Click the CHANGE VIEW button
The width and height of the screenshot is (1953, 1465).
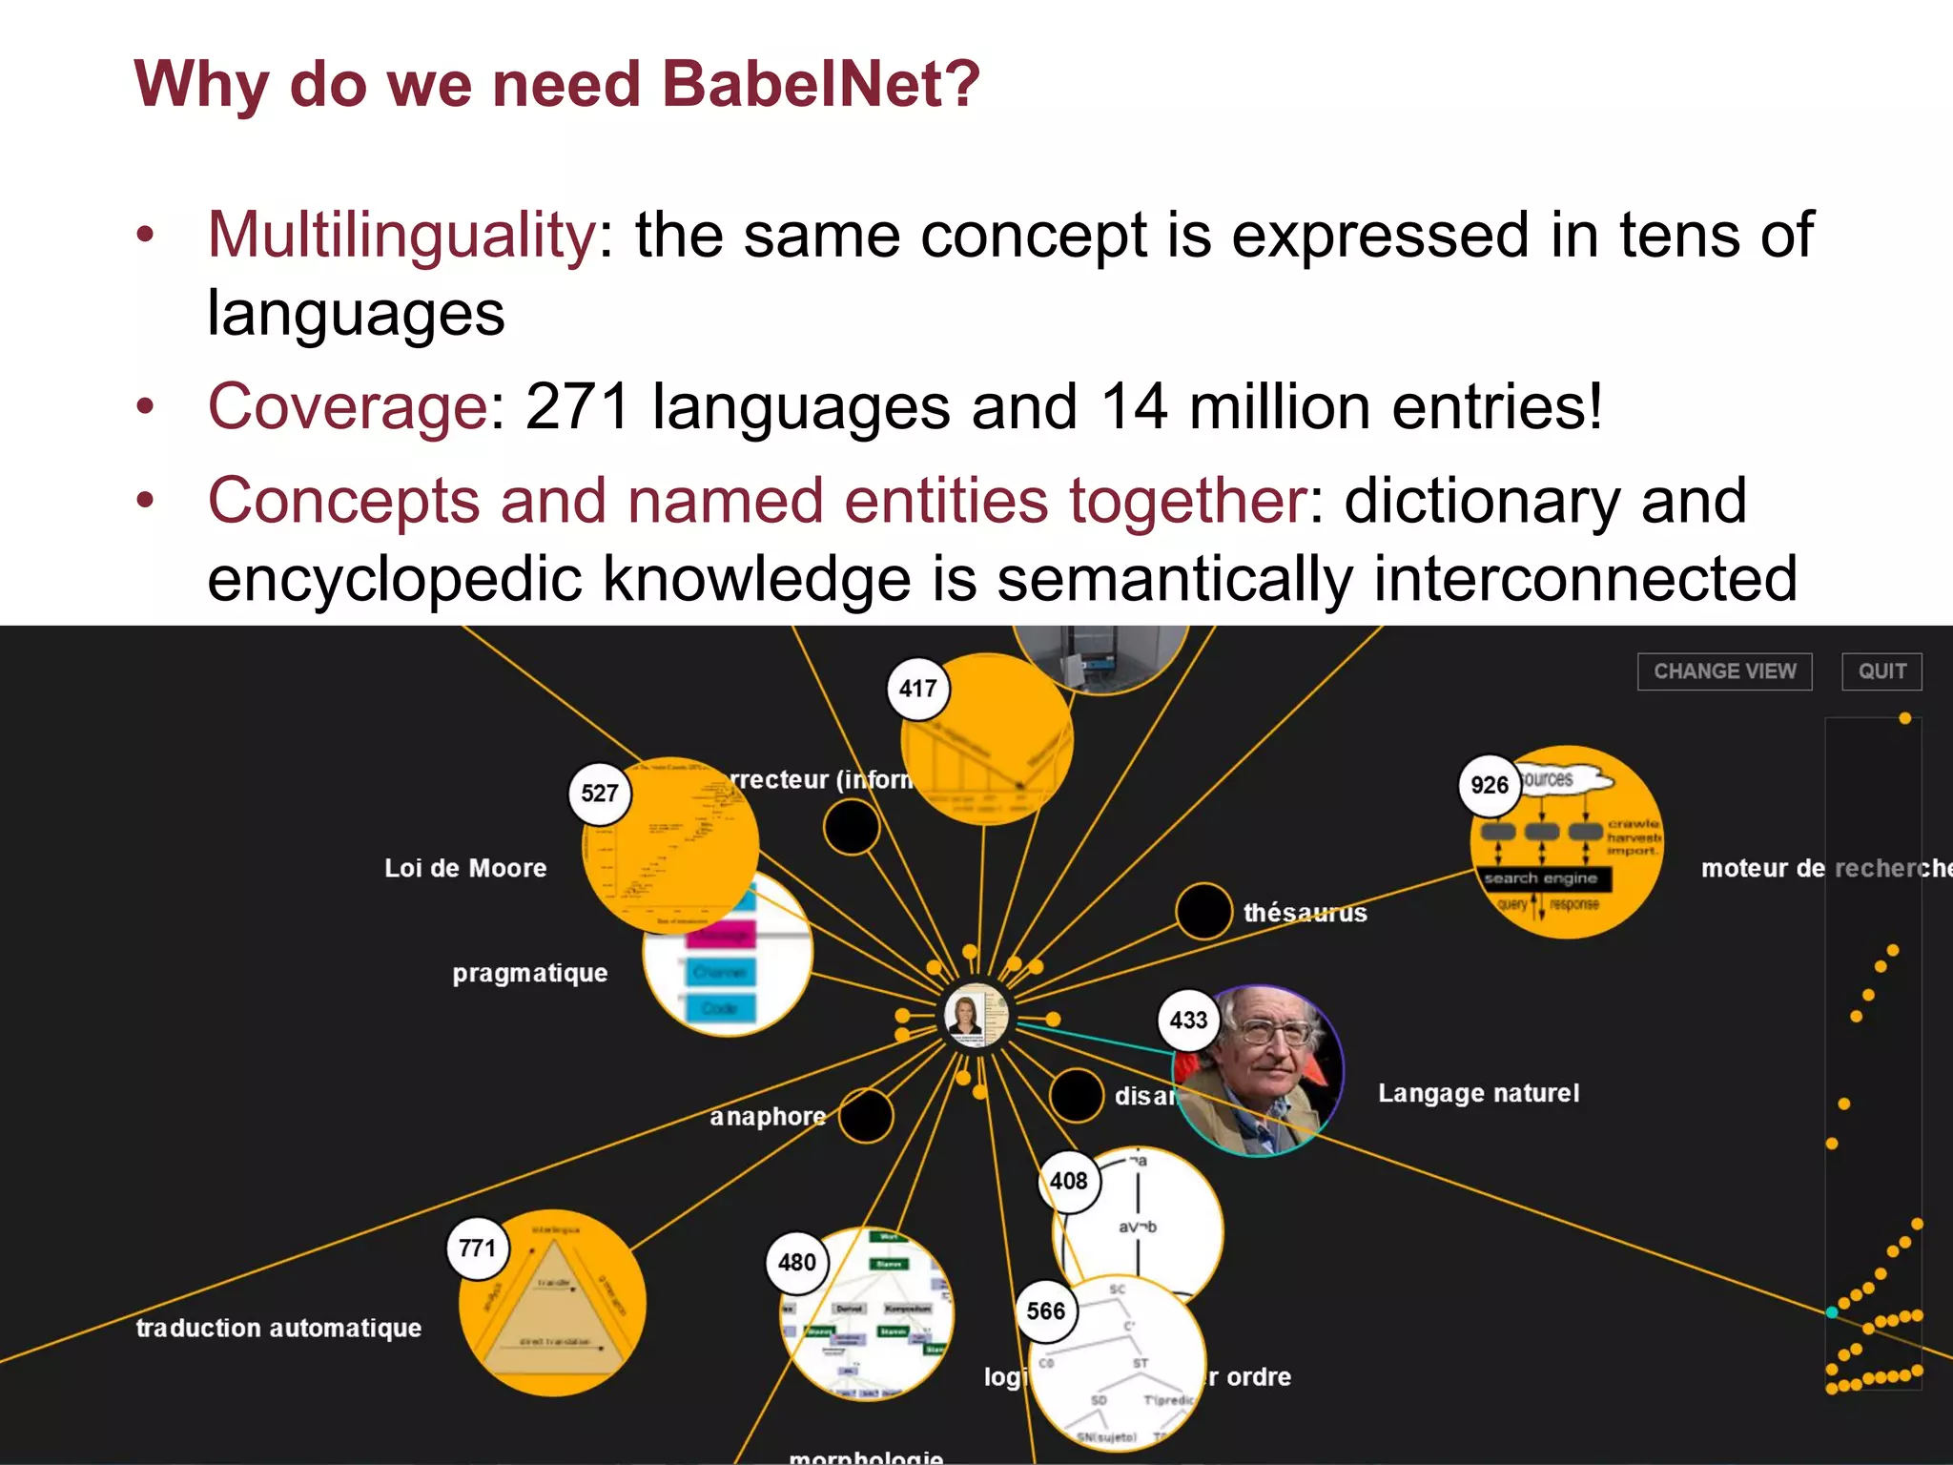click(1724, 671)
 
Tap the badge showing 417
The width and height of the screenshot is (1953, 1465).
click(917, 689)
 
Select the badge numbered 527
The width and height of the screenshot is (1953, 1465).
click(600, 793)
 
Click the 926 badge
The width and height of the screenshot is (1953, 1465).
click(1489, 785)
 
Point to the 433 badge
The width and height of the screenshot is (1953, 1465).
click(1188, 1021)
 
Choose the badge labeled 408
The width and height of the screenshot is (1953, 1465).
click(1068, 1181)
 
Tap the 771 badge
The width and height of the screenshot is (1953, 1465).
click(477, 1248)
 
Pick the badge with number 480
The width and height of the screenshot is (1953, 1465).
click(796, 1262)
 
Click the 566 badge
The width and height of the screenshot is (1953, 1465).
click(1045, 1311)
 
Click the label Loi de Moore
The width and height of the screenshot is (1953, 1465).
click(465, 868)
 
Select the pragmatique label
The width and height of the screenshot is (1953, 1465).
click(529, 973)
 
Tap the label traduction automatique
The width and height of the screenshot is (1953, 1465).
click(278, 1328)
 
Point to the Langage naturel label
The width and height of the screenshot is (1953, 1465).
click(1478, 1093)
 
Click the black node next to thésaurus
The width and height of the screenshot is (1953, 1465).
click(1203, 911)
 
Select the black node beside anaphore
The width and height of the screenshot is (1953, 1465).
click(866, 1115)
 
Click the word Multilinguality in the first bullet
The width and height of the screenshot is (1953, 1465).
click(401, 235)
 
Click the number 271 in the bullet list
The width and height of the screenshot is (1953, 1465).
click(577, 406)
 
